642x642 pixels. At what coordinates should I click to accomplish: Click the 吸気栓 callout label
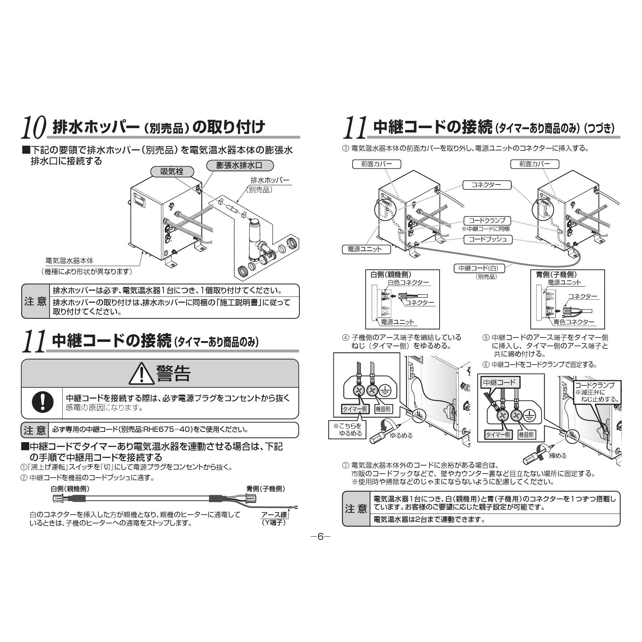click(172, 171)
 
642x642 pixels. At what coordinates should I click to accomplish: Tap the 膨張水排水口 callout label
click(240, 165)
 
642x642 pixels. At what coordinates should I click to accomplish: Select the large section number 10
click(34, 127)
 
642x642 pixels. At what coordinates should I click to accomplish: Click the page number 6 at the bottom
click(321, 537)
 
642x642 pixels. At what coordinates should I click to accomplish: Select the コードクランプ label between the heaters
click(487, 220)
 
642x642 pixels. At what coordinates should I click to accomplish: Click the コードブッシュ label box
click(488, 239)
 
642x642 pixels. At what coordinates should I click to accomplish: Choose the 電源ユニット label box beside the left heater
click(367, 249)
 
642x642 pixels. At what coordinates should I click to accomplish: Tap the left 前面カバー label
click(376, 164)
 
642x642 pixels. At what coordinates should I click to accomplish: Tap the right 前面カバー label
click(535, 164)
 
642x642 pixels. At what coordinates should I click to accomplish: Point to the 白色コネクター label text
click(408, 283)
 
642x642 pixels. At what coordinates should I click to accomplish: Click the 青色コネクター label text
click(574, 322)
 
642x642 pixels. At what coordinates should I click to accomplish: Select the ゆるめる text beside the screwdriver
click(401, 435)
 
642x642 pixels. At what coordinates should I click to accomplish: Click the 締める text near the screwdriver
click(558, 455)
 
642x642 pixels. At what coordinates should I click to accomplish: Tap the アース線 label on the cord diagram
click(274, 515)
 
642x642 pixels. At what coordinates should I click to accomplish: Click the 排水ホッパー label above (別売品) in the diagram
click(270, 180)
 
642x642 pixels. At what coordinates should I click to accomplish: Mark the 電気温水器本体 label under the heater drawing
click(69, 261)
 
